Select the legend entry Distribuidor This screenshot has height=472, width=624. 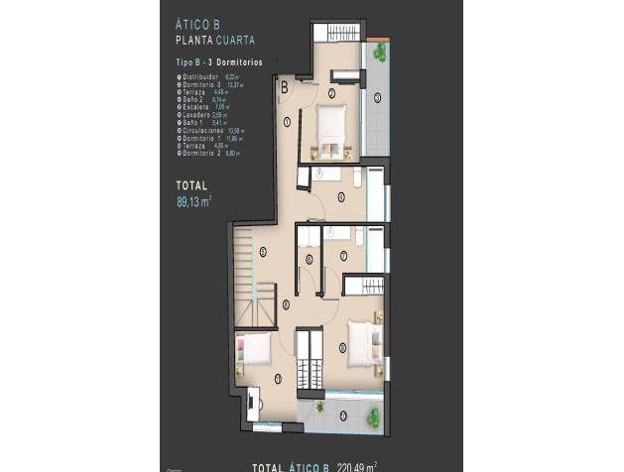[x=202, y=76]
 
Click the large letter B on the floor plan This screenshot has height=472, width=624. [x=284, y=87]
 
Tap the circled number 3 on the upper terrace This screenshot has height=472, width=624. [x=377, y=97]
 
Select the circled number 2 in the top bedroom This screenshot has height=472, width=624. [x=331, y=94]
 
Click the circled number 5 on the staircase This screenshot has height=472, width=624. [x=262, y=252]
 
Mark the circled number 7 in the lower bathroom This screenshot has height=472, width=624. [x=342, y=257]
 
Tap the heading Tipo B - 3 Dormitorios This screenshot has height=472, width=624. [x=210, y=62]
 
